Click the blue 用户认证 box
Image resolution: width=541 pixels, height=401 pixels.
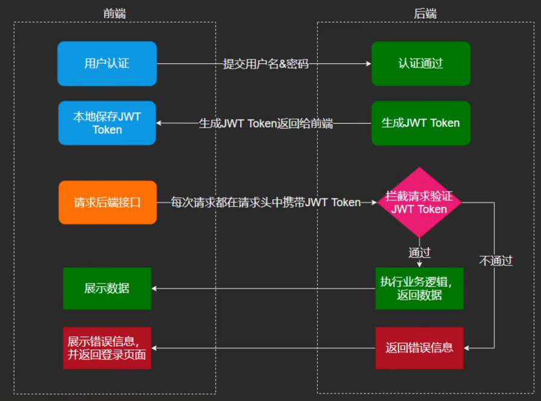107,63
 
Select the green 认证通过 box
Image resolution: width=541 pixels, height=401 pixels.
420,63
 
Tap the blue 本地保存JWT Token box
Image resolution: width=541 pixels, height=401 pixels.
107,123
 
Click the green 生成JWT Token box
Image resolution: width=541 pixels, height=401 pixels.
420,123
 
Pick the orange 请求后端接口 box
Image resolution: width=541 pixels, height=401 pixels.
107,203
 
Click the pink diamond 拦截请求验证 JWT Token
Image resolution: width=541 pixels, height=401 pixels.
419,203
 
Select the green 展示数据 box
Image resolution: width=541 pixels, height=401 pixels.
107,288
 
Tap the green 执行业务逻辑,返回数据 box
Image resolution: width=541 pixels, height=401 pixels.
419,288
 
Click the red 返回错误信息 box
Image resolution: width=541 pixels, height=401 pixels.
419,348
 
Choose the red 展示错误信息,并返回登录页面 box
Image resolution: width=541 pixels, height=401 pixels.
107,348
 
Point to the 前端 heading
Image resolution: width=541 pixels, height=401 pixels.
115,13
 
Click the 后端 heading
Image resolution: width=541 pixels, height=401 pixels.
425,13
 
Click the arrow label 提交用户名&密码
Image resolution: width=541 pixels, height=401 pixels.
265,63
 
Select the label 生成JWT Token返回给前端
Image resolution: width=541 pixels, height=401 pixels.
265,124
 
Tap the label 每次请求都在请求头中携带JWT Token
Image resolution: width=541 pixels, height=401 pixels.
265,203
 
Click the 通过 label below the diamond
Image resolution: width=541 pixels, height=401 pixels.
419,252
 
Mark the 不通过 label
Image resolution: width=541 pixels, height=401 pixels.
496,260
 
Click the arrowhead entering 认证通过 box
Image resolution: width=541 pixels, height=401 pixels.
369,63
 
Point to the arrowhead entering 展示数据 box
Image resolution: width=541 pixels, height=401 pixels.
155,288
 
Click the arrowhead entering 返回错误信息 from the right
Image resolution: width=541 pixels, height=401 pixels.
467,348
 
